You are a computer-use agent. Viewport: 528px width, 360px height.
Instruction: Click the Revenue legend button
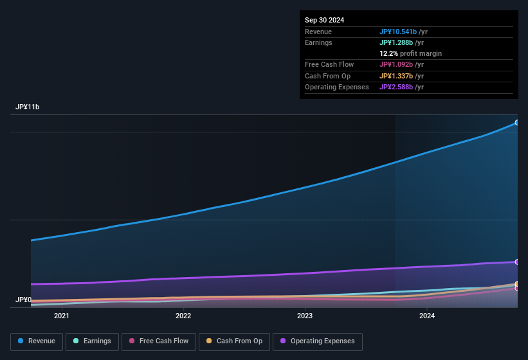point(37,341)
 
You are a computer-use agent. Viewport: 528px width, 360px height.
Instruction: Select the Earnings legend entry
point(92,341)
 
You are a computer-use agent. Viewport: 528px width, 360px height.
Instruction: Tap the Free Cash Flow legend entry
point(159,341)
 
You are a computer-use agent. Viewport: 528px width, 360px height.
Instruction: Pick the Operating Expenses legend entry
point(317,341)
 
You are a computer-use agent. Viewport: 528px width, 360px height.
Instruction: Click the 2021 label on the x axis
point(62,316)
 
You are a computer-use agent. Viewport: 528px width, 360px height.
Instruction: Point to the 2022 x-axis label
point(183,316)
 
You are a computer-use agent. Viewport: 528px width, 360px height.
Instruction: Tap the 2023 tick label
point(305,316)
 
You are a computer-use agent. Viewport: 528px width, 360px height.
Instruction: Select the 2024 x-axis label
point(426,316)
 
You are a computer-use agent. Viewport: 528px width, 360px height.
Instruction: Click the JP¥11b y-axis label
point(28,107)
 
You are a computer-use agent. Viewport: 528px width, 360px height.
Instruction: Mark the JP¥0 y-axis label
point(23,300)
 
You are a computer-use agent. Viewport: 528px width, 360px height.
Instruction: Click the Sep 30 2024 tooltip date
point(324,20)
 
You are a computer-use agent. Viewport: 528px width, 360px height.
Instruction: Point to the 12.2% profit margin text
point(410,53)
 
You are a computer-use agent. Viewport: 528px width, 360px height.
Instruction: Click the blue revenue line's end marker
point(517,122)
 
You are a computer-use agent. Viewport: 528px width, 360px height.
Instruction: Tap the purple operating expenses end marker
point(517,262)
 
